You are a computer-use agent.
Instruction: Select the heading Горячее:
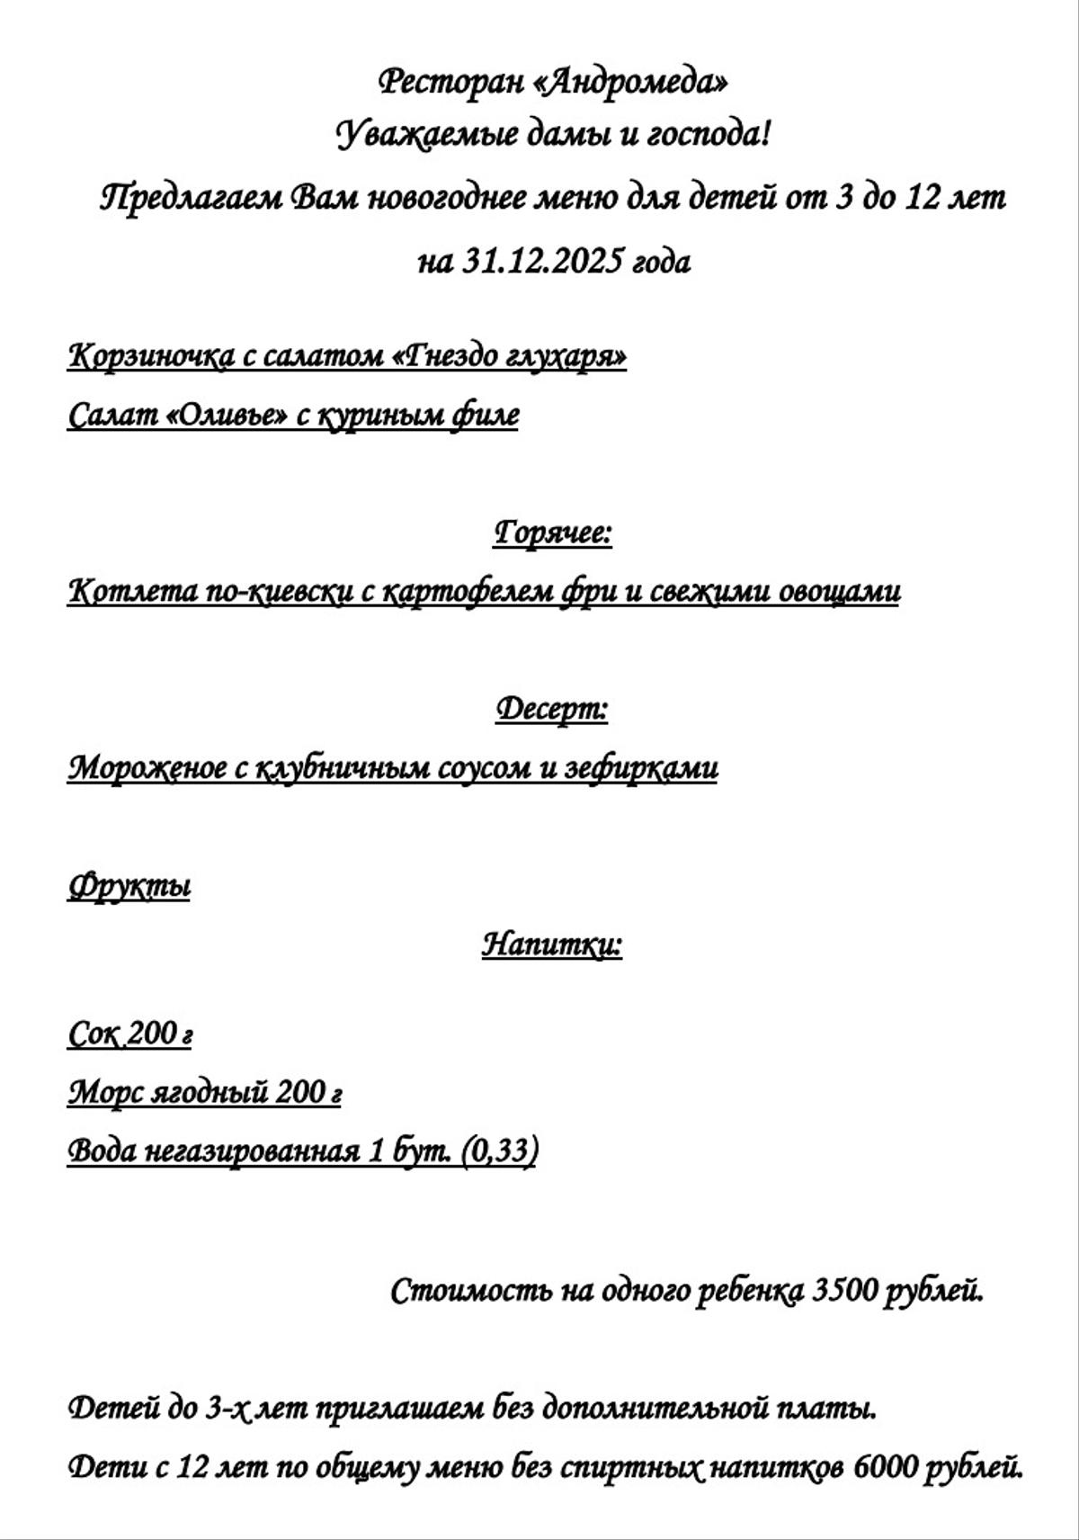(x=553, y=533)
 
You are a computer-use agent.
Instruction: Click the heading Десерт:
(x=552, y=709)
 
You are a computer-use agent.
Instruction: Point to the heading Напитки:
(x=552, y=945)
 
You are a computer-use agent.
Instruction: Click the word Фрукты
(x=129, y=886)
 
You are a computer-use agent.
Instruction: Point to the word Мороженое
(x=147, y=768)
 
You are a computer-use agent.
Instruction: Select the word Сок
(x=93, y=1034)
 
